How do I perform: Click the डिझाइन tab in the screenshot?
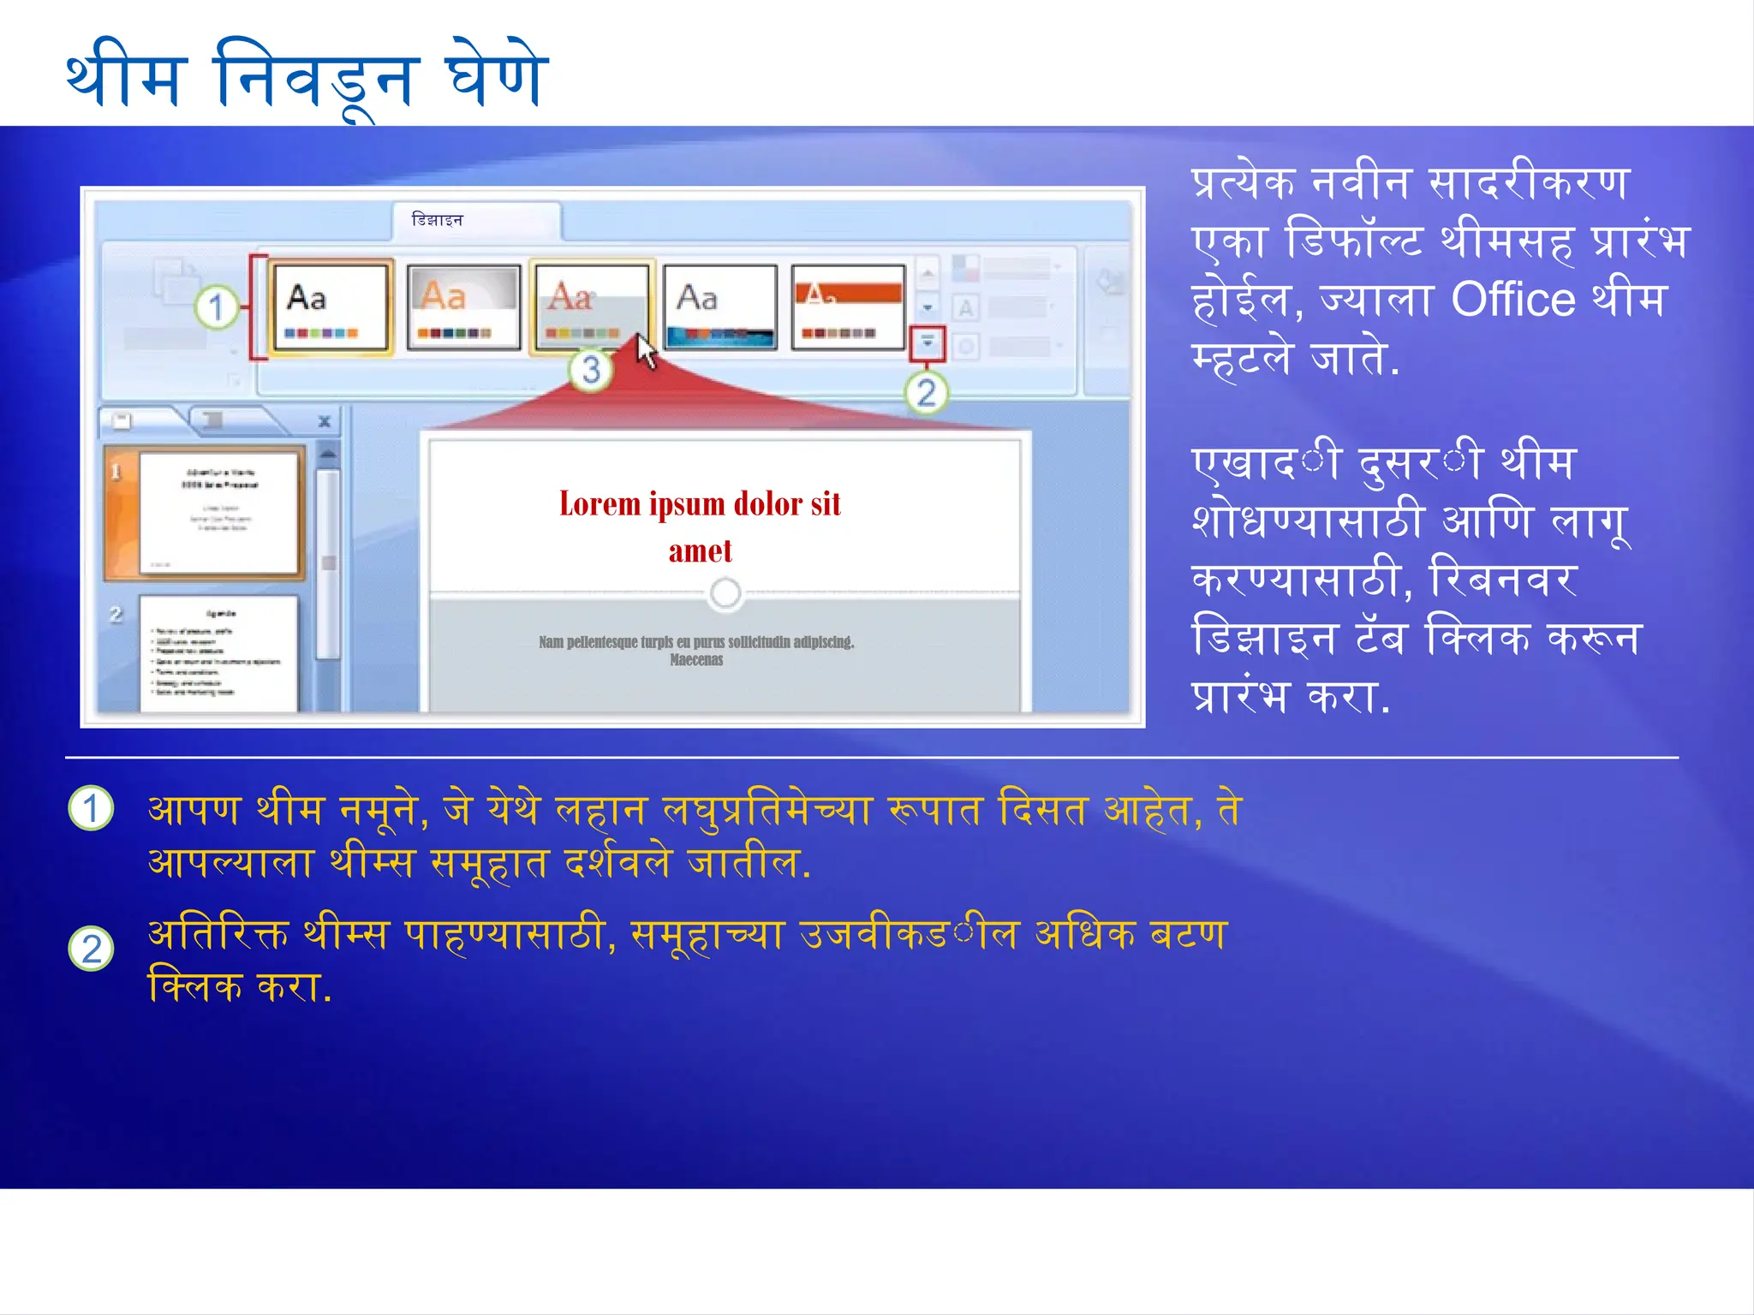[437, 220]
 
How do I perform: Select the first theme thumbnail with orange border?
[331, 306]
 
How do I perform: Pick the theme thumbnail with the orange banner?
[848, 306]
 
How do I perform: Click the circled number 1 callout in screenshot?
[216, 307]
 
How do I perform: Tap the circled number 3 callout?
[591, 371]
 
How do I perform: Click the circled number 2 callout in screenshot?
[926, 394]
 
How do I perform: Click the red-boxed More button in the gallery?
[928, 342]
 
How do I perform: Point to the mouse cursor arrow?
[647, 351]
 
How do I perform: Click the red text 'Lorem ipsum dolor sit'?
[700, 504]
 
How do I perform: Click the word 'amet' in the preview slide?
[700, 551]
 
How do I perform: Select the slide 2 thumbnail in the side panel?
[219, 652]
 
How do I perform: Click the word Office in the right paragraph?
[1512, 300]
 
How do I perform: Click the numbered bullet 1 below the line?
[91, 808]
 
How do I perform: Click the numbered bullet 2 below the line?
[91, 949]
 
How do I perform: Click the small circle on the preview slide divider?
[725, 592]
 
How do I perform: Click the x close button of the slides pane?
[325, 421]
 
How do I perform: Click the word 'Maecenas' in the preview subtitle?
[695, 660]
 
